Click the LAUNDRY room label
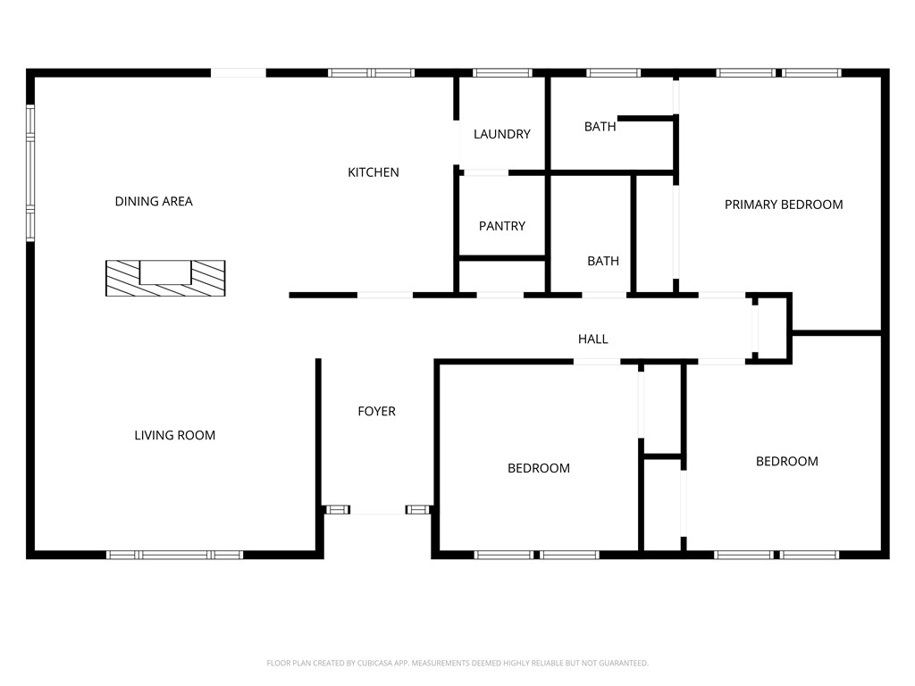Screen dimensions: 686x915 501,134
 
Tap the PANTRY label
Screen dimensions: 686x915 501,226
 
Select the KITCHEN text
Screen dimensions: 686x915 373,172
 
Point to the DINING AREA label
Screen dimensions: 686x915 154,202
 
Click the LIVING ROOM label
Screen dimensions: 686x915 174,436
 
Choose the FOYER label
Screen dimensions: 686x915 376,412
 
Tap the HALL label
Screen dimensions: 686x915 592,339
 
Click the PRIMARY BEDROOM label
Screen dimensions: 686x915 783,205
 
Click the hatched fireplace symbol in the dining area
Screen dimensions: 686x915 165,279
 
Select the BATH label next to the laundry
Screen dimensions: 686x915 600,127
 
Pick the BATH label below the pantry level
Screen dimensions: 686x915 602,262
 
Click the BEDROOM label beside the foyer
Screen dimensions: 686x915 538,468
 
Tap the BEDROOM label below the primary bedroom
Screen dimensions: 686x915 786,462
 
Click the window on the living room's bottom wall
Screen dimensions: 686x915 174,555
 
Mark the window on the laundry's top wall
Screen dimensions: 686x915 501,73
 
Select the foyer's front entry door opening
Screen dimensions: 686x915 378,511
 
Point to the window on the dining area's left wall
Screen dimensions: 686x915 30,172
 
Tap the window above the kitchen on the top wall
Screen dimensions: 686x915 371,73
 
